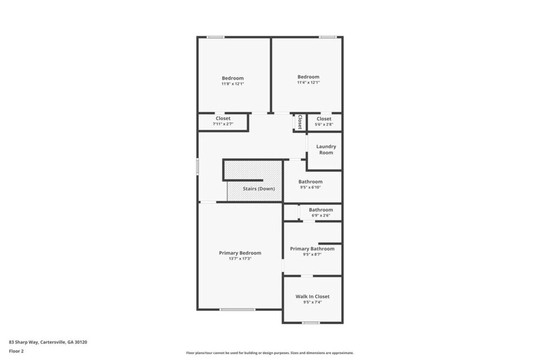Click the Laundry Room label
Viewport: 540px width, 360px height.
tap(326, 149)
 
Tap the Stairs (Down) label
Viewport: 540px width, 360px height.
tap(258, 188)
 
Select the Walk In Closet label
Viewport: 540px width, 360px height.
tap(312, 296)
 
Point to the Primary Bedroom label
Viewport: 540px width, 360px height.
tap(240, 253)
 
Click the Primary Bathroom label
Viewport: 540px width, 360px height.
tap(312, 249)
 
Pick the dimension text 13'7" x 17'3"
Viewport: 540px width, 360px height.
tap(240, 258)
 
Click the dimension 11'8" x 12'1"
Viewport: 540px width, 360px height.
tap(233, 84)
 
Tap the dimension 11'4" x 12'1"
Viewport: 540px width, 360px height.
tap(308, 82)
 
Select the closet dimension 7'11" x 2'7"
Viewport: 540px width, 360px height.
tap(223, 124)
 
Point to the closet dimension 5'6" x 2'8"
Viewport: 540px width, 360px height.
tap(324, 125)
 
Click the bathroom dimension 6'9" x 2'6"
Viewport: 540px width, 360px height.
tap(320, 215)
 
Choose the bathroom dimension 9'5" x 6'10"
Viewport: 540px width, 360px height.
tap(310, 187)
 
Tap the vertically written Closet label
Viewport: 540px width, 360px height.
tap(300, 122)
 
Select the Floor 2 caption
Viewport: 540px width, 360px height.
tap(16, 351)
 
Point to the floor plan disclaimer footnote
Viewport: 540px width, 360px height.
tap(269, 353)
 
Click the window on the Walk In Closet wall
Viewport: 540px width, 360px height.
tap(311, 323)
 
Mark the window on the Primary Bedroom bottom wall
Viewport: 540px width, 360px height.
tap(238, 310)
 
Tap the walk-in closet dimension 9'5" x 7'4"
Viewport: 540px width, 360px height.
tap(312, 302)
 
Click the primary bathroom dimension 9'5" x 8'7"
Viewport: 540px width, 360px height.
tap(312, 255)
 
